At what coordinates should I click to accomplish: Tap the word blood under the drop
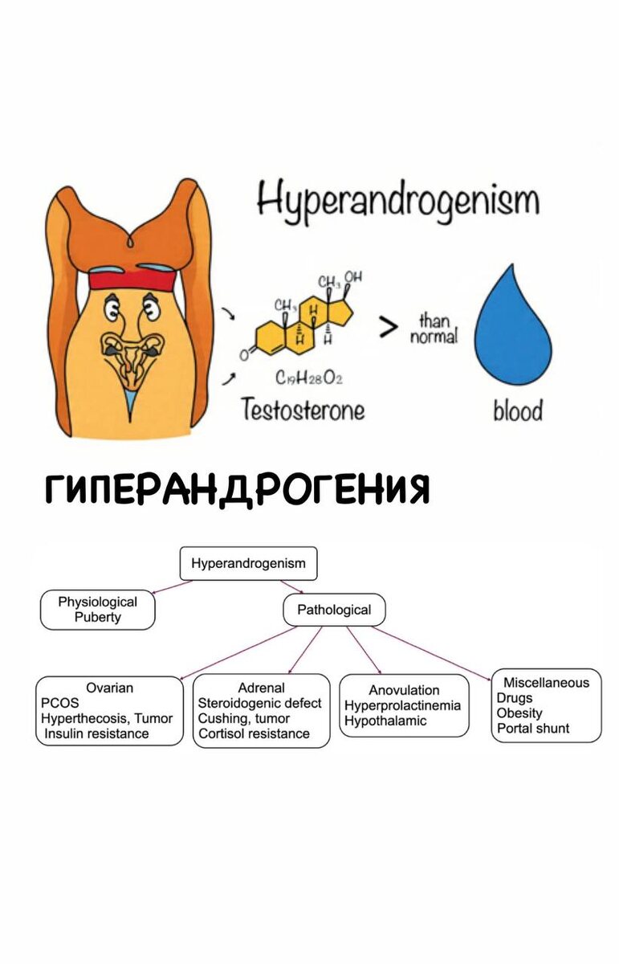point(517,411)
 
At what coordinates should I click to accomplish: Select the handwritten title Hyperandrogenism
point(397,200)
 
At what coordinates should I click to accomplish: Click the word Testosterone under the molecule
point(303,411)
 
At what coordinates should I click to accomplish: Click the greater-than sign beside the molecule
point(389,328)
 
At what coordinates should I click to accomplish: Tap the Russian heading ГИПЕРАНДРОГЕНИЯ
point(238,488)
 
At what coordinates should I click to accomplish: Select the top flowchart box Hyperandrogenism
point(248,563)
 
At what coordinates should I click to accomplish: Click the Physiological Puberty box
point(97,610)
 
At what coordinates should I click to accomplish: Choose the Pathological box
point(334,610)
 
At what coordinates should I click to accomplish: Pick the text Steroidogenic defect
point(259,703)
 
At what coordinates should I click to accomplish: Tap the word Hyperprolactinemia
point(402,705)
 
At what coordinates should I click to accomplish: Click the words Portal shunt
point(533,728)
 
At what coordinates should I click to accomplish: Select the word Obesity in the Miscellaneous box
point(519,713)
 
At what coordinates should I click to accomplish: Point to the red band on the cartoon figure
point(132,280)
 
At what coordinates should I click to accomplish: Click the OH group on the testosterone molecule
point(353,278)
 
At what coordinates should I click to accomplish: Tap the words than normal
point(434,329)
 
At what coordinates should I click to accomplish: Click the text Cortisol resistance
point(254,733)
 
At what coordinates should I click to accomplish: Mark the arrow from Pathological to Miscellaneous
point(434,652)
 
